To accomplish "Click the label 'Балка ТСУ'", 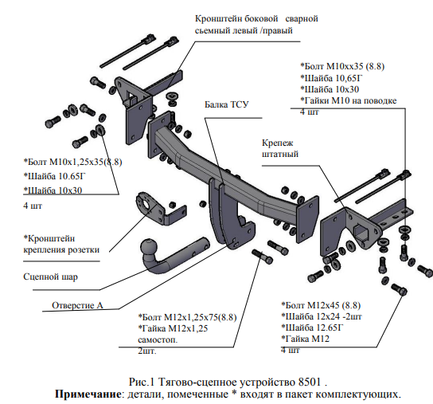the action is (x=226, y=104).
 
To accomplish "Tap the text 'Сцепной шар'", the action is (x=50, y=277).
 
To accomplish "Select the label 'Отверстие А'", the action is (x=77, y=305).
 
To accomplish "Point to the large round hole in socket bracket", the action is (x=146, y=204).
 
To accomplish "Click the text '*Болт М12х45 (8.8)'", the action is (x=321, y=305).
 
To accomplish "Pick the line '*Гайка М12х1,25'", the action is (x=173, y=328).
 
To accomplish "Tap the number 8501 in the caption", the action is (x=310, y=382).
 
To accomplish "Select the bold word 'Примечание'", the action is (x=88, y=394).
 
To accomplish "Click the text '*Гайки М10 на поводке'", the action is (x=349, y=100).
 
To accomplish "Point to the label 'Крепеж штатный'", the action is (x=280, y=148).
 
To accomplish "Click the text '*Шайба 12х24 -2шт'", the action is (x=322, y=316).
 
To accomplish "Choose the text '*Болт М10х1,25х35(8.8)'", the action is (x=73, y=162).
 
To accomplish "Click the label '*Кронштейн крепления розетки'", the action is (x=61, y=244).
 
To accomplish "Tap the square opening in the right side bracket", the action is (x=360, y=230).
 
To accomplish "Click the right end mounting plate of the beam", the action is (x=307, y=218).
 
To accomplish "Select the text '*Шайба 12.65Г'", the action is (x=312, y=328).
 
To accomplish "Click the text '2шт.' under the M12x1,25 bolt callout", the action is (x=147, y=351).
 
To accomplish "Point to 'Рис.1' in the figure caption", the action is (x=141, y=382).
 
